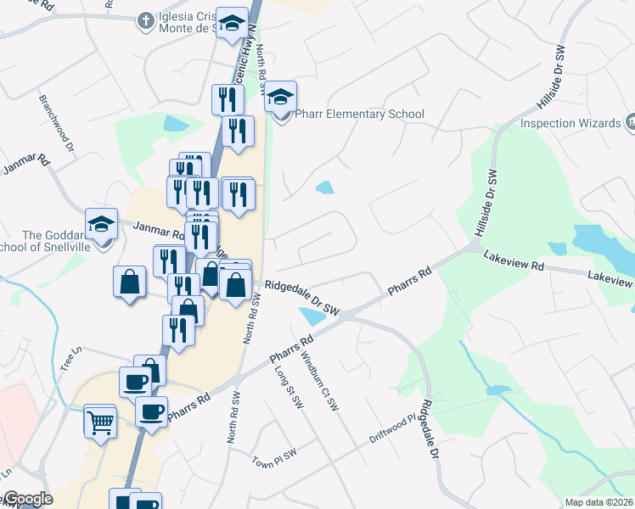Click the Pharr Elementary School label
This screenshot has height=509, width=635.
point(359,115)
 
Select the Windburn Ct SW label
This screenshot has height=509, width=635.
point(318,383)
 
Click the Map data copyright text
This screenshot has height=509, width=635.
point(598,502)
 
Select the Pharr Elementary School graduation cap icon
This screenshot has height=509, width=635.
point(280,98)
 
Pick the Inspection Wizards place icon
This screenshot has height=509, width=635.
point(631,123)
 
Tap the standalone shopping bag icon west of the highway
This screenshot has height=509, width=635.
point(129,282)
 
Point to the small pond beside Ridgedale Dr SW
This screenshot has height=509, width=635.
point(312,316)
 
